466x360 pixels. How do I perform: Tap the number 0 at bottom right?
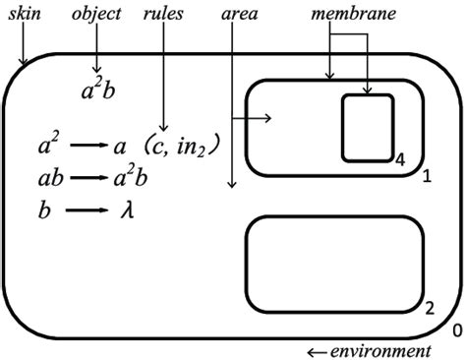[456, 331]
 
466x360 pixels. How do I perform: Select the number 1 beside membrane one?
[427, 176]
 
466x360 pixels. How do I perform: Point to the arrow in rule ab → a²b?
[90, 179]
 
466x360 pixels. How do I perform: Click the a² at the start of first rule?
[47, 147]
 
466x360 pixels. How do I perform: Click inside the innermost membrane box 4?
[368, 127]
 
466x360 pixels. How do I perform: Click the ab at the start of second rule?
[49, 179]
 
